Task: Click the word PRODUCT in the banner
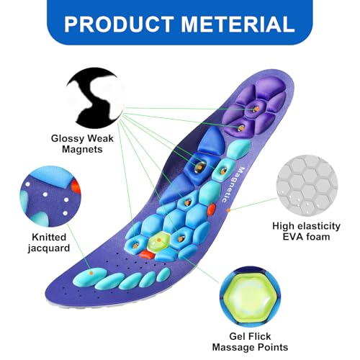(119, 24)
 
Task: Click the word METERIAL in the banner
(238, 24)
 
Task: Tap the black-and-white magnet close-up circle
(95, 98)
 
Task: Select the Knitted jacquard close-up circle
(50, 197)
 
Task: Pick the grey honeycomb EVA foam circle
(307, 185)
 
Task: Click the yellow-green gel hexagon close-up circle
(250, 297)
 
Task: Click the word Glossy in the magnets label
(68, 138)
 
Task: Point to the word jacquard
(49, 248)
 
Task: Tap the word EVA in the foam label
(292, 237)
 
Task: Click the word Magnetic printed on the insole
(231, 184)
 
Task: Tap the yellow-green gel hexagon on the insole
(158, 241)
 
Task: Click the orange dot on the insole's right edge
(228, 210)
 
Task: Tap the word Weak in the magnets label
(100, 138)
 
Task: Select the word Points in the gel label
(273, 347)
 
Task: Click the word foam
(318, 237)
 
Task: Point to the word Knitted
(49, 237)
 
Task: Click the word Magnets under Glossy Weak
(82, 149)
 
